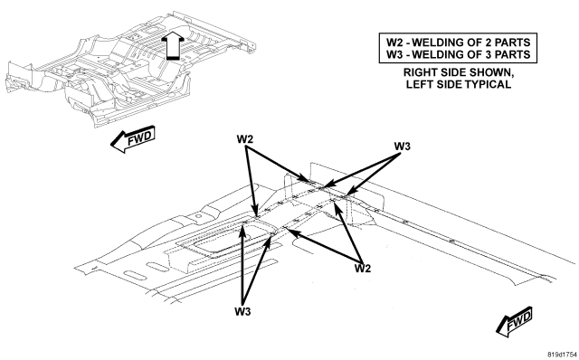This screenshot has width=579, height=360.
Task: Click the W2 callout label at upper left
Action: pos(245,139)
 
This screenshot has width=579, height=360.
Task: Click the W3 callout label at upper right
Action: pos(402,147)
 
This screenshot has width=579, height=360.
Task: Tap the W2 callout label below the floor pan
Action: pos(362,269)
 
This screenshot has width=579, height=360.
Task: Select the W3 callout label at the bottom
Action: pos(242,312)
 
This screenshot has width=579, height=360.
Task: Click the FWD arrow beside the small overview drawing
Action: pos(133,139)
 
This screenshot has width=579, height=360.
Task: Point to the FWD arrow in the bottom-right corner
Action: pos(515,322)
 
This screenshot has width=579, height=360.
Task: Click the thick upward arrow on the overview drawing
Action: pos(174,45)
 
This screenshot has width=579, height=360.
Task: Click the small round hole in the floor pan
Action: pos(198,215)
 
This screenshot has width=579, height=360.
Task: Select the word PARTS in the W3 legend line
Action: pos(512,54)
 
